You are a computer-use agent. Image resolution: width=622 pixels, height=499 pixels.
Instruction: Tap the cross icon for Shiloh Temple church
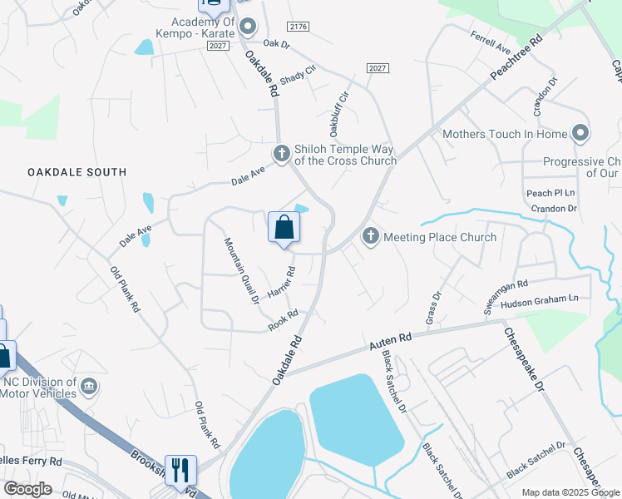(x=281, y=153)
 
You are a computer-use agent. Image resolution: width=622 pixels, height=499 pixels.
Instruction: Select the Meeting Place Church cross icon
(x=370, y=237)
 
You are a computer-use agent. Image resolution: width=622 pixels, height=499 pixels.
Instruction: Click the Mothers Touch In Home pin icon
(x=580, y=133)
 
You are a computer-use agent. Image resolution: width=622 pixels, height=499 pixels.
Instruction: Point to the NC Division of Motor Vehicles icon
(x=90, y=388)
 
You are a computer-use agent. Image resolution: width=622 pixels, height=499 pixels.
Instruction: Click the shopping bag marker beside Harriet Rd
(x=284, y=227)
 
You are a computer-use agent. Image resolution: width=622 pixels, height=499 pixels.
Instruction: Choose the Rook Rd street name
(x=283, y=322)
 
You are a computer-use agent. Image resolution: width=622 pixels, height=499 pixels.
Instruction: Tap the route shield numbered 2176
(x=298, y=27)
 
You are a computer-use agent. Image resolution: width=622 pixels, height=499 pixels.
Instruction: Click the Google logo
(x=28, y=489)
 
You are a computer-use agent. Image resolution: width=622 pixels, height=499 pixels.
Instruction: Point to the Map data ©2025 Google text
(x=570, y=492)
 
